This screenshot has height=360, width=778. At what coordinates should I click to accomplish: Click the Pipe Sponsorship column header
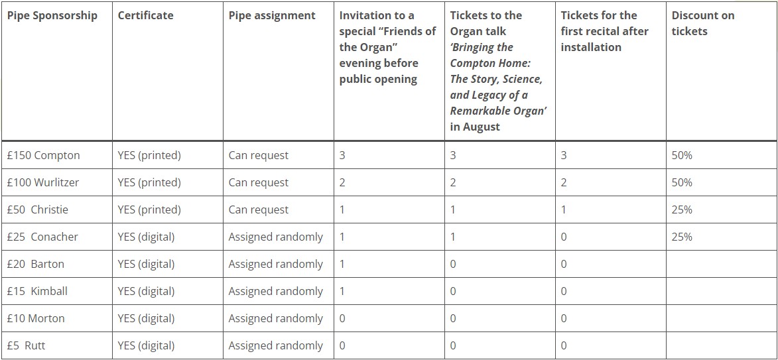52,15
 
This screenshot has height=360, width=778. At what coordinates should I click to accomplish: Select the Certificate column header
145,15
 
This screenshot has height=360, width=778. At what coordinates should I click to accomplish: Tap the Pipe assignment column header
272,15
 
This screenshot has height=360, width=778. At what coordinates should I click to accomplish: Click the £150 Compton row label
43,155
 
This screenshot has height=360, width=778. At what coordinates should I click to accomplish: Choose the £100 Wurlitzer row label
42,182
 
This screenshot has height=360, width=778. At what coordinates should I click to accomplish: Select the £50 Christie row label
37,210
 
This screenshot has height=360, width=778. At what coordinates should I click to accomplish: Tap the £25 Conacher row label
42,237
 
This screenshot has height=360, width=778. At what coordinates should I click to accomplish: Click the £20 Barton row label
36,264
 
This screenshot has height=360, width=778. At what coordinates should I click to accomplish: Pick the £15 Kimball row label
37,291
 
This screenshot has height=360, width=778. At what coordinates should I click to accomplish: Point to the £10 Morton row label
36,318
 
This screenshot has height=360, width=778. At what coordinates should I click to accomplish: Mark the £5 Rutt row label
27,345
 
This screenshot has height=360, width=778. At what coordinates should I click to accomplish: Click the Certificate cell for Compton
149,155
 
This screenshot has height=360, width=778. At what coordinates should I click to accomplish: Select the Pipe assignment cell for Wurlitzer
259,182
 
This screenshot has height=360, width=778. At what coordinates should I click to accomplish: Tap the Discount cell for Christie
682,210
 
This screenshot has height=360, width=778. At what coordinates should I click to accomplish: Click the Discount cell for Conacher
682,237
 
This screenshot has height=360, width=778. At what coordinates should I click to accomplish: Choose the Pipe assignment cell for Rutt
275,345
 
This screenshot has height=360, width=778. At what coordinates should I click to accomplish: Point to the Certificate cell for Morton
146,318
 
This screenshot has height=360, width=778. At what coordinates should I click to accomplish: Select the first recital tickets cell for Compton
564,155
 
